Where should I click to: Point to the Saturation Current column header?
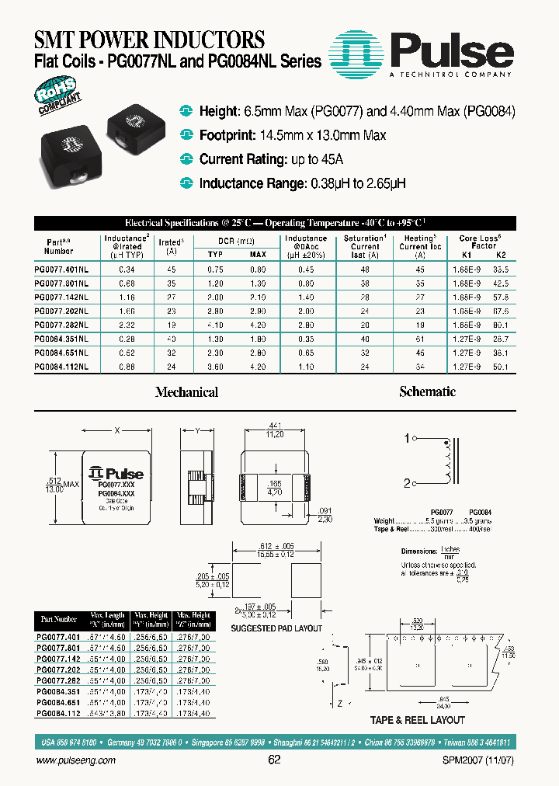click(365, 246)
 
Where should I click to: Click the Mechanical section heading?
click(186, 393)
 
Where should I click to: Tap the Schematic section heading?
click(427, 392)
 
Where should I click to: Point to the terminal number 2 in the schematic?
click(405, 482)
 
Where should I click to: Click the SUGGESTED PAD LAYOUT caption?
click(277, 628)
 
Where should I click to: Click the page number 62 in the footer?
click(273, 760)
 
